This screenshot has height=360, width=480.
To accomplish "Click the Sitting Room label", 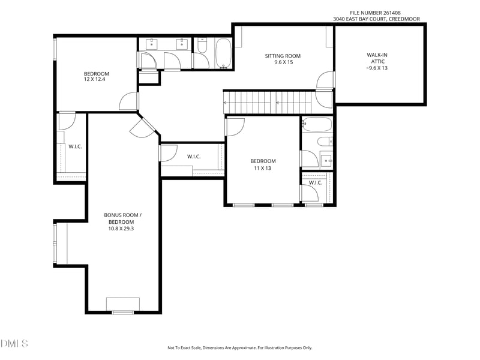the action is pos(283,56).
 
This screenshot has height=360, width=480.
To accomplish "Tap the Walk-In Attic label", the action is pos(377,58).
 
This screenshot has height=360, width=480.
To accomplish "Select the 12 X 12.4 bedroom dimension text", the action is pos(95,79).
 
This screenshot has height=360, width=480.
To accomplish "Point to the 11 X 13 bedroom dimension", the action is pos(262,168).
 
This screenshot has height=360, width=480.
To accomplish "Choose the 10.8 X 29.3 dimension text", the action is pos(121,229).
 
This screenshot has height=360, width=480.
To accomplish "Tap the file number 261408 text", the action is pos(376,13).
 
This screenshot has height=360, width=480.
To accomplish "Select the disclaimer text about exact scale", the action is pos(239,348).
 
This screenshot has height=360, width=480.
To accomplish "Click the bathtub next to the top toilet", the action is pos(223,53).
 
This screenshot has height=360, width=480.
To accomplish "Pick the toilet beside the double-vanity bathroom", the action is pos(202,46).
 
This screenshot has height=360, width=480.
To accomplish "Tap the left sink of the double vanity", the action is pos(151,44).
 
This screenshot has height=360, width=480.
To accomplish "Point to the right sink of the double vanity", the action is pos(182,44).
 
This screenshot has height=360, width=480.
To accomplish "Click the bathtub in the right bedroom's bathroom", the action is pos(317,124).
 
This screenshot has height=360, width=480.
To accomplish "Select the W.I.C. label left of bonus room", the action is pos(75,146).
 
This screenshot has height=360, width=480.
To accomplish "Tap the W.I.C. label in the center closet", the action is pos(194,157).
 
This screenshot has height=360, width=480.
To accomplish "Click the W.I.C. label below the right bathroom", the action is pos(316,183).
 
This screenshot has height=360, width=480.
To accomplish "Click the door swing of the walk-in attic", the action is pos(325,80).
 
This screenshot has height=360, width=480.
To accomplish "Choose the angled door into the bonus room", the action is pos(143,128).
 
